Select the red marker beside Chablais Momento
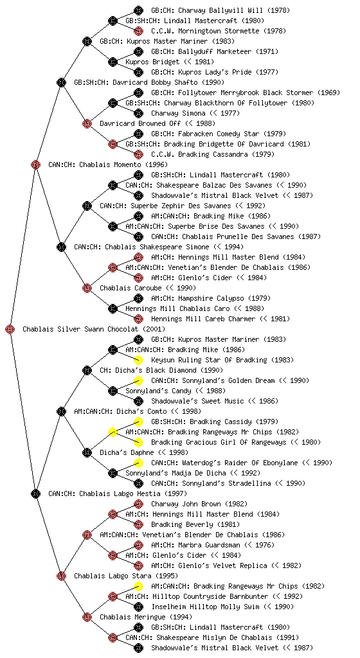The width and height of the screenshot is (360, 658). coord(35,164)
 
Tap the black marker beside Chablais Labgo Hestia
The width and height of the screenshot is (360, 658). coord(35,493)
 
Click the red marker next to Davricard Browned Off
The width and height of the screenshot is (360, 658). coord(87,123)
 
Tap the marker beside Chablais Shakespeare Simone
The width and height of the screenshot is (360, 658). coord(61,247)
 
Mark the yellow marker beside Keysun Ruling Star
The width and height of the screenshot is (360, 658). coord(138,360)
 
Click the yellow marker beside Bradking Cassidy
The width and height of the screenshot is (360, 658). coord(138,422)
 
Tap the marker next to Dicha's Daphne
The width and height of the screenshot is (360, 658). coord(87,452)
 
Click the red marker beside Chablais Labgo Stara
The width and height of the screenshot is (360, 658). coord(61,576)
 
